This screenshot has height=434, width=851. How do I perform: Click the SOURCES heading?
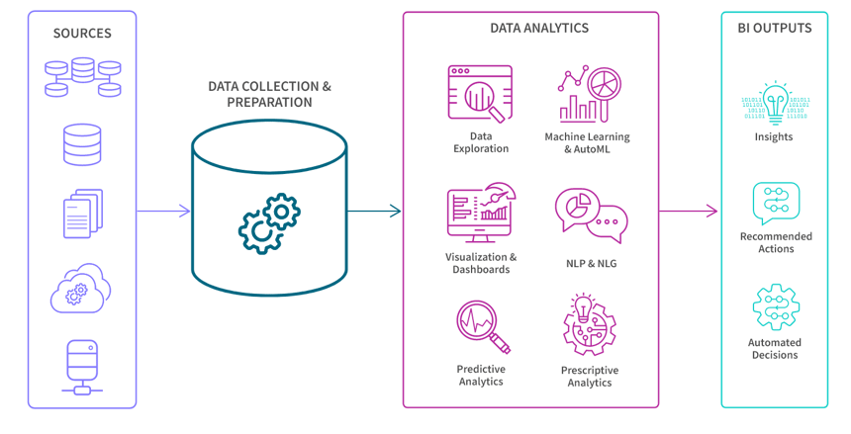pyautogui.click(x=82, y=33)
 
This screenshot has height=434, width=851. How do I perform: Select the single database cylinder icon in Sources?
pyautogui.click(x=82, y=145)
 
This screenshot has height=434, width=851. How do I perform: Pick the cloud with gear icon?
pyautogui.click(x=81, y=288)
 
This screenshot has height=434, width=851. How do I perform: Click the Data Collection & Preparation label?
pyautogui.click(x=269, y=94)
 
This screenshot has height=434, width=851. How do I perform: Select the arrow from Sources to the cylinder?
pyautogui.click(x=163, y=211)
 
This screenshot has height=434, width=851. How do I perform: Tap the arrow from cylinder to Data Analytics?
pyautogui.click(x=374, y=211)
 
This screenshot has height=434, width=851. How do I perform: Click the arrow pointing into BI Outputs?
pyautogui.click(x=689, y=211)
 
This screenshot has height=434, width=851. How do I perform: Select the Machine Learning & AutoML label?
pyautogui.click(x=587, y=142)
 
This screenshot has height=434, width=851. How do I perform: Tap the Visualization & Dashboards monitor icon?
pyautogui.click(x=480, y=212)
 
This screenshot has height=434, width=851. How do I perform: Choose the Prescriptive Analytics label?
pyautogui.click(x=590, y=376)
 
